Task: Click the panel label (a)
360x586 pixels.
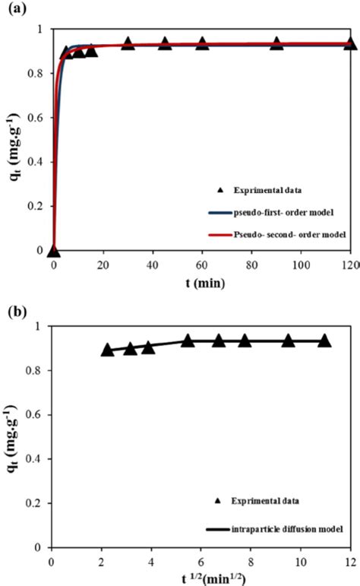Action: coord(13,11)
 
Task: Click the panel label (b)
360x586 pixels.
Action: coord(13,312)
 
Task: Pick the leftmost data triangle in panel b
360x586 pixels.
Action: coord(108,350)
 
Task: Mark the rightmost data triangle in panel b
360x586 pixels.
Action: coord(324,341)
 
